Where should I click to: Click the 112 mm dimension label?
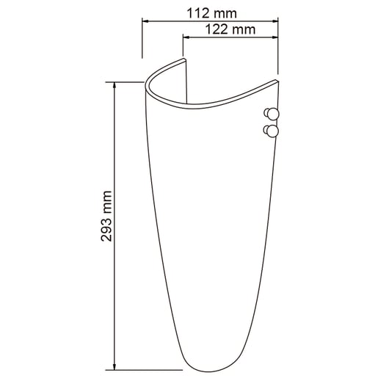[209, 14]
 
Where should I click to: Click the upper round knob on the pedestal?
[271, 113]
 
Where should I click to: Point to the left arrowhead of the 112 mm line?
[144, 22]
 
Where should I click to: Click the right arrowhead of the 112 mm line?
[275, 22]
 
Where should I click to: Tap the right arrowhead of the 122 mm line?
[275, 37]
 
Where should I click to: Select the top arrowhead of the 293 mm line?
[115, 84]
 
